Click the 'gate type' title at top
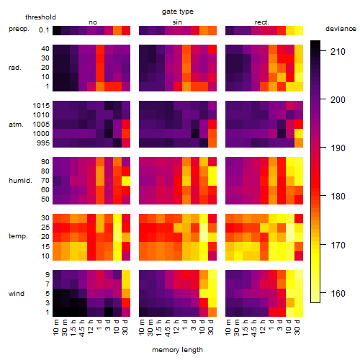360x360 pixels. click(178, 12)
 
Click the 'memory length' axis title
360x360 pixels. click(177, 350)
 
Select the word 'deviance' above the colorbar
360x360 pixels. click(341, 29)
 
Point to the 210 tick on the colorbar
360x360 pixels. click(323, 51)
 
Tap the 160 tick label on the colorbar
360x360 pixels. click(338, 293)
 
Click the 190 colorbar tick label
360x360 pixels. click(338, 148)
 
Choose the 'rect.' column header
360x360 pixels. click(261, 22)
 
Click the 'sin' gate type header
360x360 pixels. click(177, 22)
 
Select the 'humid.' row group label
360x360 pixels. click(20, 181)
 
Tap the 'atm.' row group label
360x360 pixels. click(16, 125)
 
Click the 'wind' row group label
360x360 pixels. click(17, 294)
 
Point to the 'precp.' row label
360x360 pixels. click(19, 29)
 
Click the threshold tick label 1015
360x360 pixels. click(41, 106)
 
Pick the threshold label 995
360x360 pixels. click(43, 143)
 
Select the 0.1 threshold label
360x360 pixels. click(44, 30)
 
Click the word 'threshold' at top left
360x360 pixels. click(40, 17)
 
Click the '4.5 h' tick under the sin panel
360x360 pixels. click(168, 328)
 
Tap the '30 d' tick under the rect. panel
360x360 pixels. click(297, 328)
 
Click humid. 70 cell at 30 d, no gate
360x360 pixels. click(126, 181)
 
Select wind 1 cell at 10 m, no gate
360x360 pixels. click(57, 312)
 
